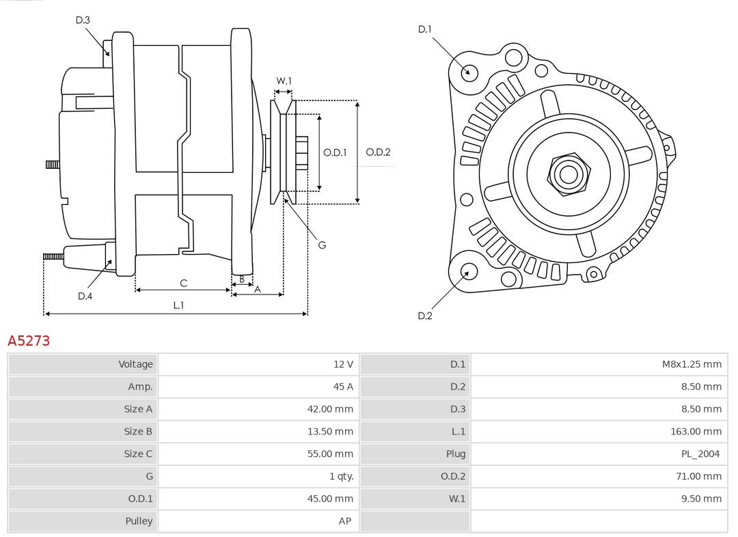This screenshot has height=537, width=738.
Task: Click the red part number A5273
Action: coord(29,340)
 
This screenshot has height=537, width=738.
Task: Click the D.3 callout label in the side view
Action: coord(83,20)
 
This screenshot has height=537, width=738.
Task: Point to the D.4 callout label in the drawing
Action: coord(85,296)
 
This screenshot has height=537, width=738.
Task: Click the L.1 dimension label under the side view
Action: coord(178,305)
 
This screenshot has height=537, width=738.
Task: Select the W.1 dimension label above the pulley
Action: coord(284,81)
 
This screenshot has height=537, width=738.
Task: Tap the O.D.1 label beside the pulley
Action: coord(335,152)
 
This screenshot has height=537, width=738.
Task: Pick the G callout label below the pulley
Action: coord(322,245)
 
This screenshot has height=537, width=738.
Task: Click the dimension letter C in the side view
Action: coord(183,283)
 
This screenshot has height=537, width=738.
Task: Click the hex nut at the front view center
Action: coord(568,174)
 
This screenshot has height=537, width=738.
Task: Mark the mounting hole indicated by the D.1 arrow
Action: coord(469,72)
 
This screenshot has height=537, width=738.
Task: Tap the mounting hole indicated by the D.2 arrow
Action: coord(467,272)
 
